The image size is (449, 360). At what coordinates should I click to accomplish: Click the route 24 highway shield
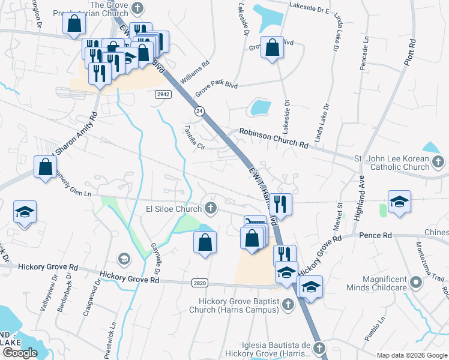tap(198, 111)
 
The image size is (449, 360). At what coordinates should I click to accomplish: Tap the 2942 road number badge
tap(162, 94)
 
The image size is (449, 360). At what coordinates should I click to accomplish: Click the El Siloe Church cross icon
tap(210, 209)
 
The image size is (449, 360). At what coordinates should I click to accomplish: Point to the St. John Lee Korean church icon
tap(438, 161)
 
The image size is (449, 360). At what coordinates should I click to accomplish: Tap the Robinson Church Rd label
tap(273, 139)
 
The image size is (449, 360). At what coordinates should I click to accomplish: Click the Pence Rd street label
tap(375, 235)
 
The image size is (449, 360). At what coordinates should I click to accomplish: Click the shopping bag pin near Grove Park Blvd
tap(272, 49)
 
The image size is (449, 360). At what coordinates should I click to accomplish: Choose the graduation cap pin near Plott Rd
tap(399, 202)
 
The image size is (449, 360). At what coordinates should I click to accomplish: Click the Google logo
tap(20, 352)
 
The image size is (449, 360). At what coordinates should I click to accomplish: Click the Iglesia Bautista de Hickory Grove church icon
tap(319, 347)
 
